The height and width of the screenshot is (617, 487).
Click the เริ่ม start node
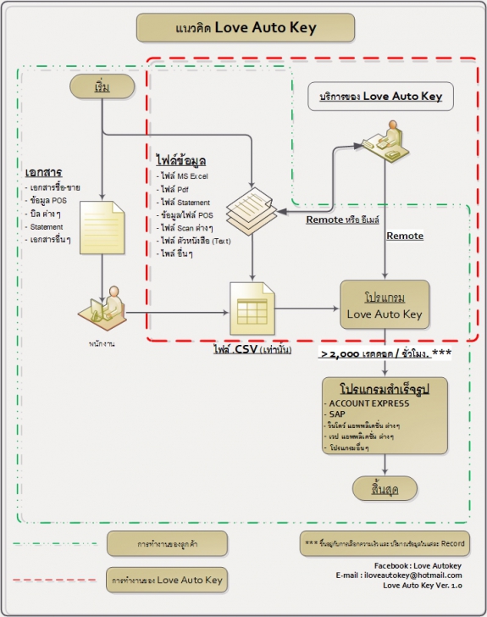(102, 86)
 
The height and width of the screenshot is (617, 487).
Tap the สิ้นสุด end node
(385, 489)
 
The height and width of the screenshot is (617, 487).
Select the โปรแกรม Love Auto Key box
(385, 306)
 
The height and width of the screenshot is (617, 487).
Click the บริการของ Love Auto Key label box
(380, 97)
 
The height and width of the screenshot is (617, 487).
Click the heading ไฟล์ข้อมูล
(182, 160)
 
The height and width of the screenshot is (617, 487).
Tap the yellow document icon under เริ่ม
(102, 227)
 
